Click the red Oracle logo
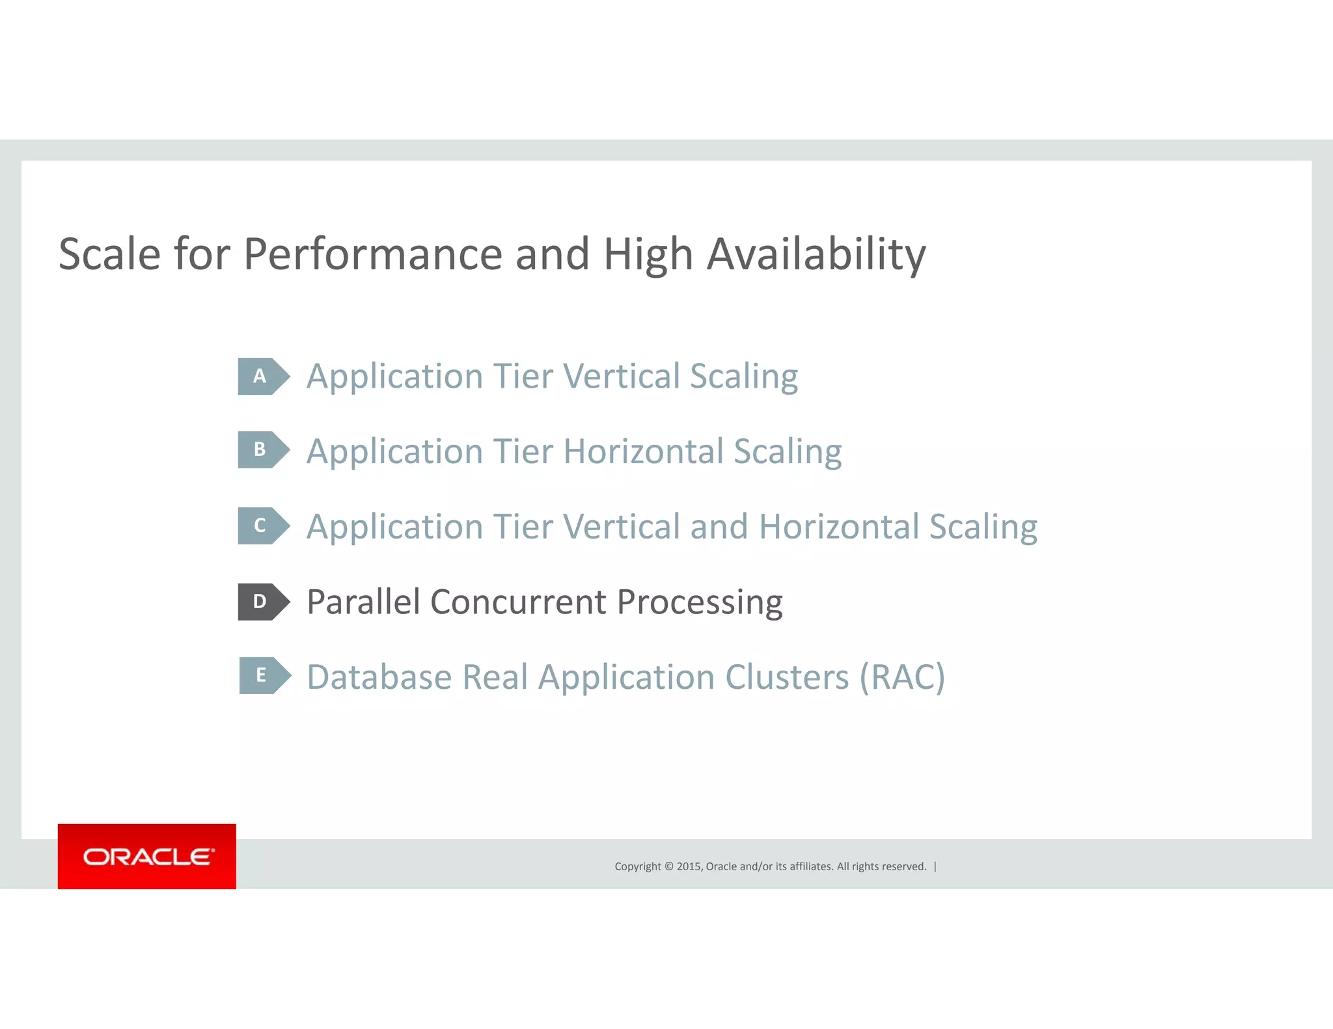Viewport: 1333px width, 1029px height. (147, 857)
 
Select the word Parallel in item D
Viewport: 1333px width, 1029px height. (363, 602)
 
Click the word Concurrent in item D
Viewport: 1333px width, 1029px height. (518, 602)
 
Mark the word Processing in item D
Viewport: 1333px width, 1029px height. (699, 603)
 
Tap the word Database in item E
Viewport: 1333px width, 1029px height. (379, 677)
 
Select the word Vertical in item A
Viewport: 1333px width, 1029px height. (621, 376)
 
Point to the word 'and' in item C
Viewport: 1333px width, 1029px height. (719, 526)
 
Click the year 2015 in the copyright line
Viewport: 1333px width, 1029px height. (689, 866)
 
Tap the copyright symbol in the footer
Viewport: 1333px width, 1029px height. (668, 866)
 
